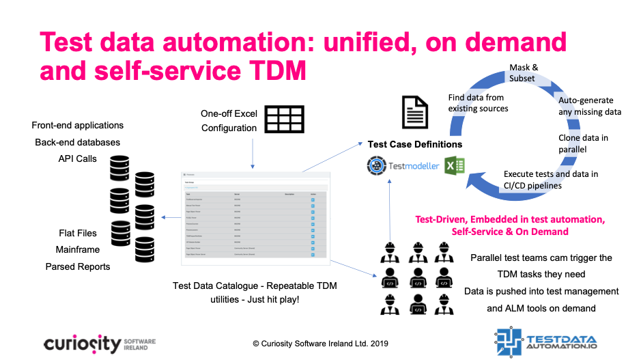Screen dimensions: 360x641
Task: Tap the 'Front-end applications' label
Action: [78, 125]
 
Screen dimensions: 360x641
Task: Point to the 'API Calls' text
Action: [78, 158]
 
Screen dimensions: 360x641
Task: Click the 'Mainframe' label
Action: [78, 249]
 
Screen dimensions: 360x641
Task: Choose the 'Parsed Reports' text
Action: [78, 266]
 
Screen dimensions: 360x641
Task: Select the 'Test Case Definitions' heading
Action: [414, 144]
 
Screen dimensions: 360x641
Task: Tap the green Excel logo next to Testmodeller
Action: [455, 166]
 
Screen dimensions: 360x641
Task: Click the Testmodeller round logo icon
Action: [375, 166]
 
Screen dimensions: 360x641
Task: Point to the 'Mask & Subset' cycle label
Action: [524, 73]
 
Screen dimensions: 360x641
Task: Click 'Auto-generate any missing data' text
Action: [589, 106]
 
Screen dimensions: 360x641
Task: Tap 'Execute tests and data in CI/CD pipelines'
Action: [550, 180]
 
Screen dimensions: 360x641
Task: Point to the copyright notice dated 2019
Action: [320, 344]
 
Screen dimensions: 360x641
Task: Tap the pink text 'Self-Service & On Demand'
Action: [510, 232]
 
